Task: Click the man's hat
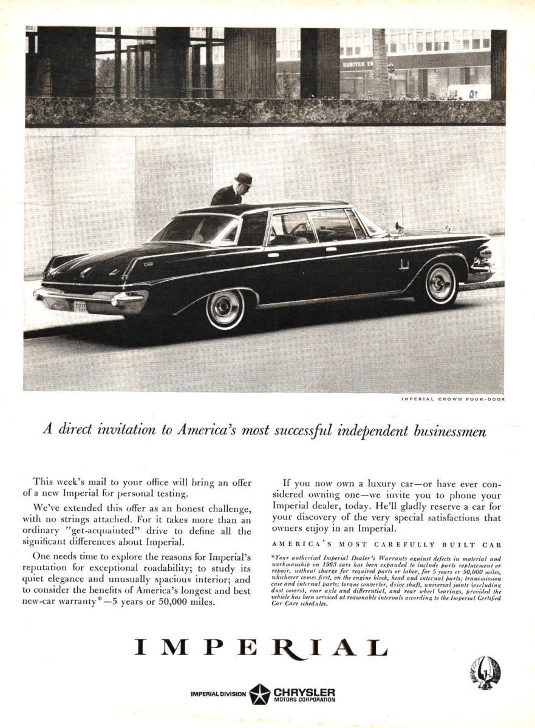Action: click(244, 178)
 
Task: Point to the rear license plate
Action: click(80, 307)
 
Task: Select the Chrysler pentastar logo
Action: click(260, 694)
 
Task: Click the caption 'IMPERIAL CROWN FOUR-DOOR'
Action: click(452, 399)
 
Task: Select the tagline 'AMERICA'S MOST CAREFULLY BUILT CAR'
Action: click(386, 544)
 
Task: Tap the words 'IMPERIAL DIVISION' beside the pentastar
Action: click(218, 694)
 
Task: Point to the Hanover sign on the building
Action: click(358, 64)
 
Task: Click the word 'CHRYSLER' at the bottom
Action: click(304, 691)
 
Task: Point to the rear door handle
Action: click(273, 255)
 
